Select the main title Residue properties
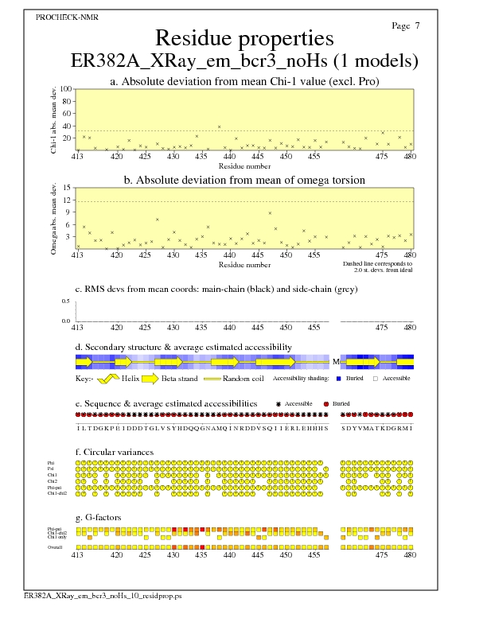pyautogui.click(x=243, y=38)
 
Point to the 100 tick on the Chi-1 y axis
pyautogui.click(x=66, y=89)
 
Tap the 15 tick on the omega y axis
pyautogui.click(x=68, y=188)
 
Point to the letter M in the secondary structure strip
pyautogui.click(x=336, y=361)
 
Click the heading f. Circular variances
pyautogui.click(x=115, y=453)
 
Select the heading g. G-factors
pyautogui.click(x=103, y=517)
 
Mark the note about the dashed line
pyautogui.click(x=377, y=266)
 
